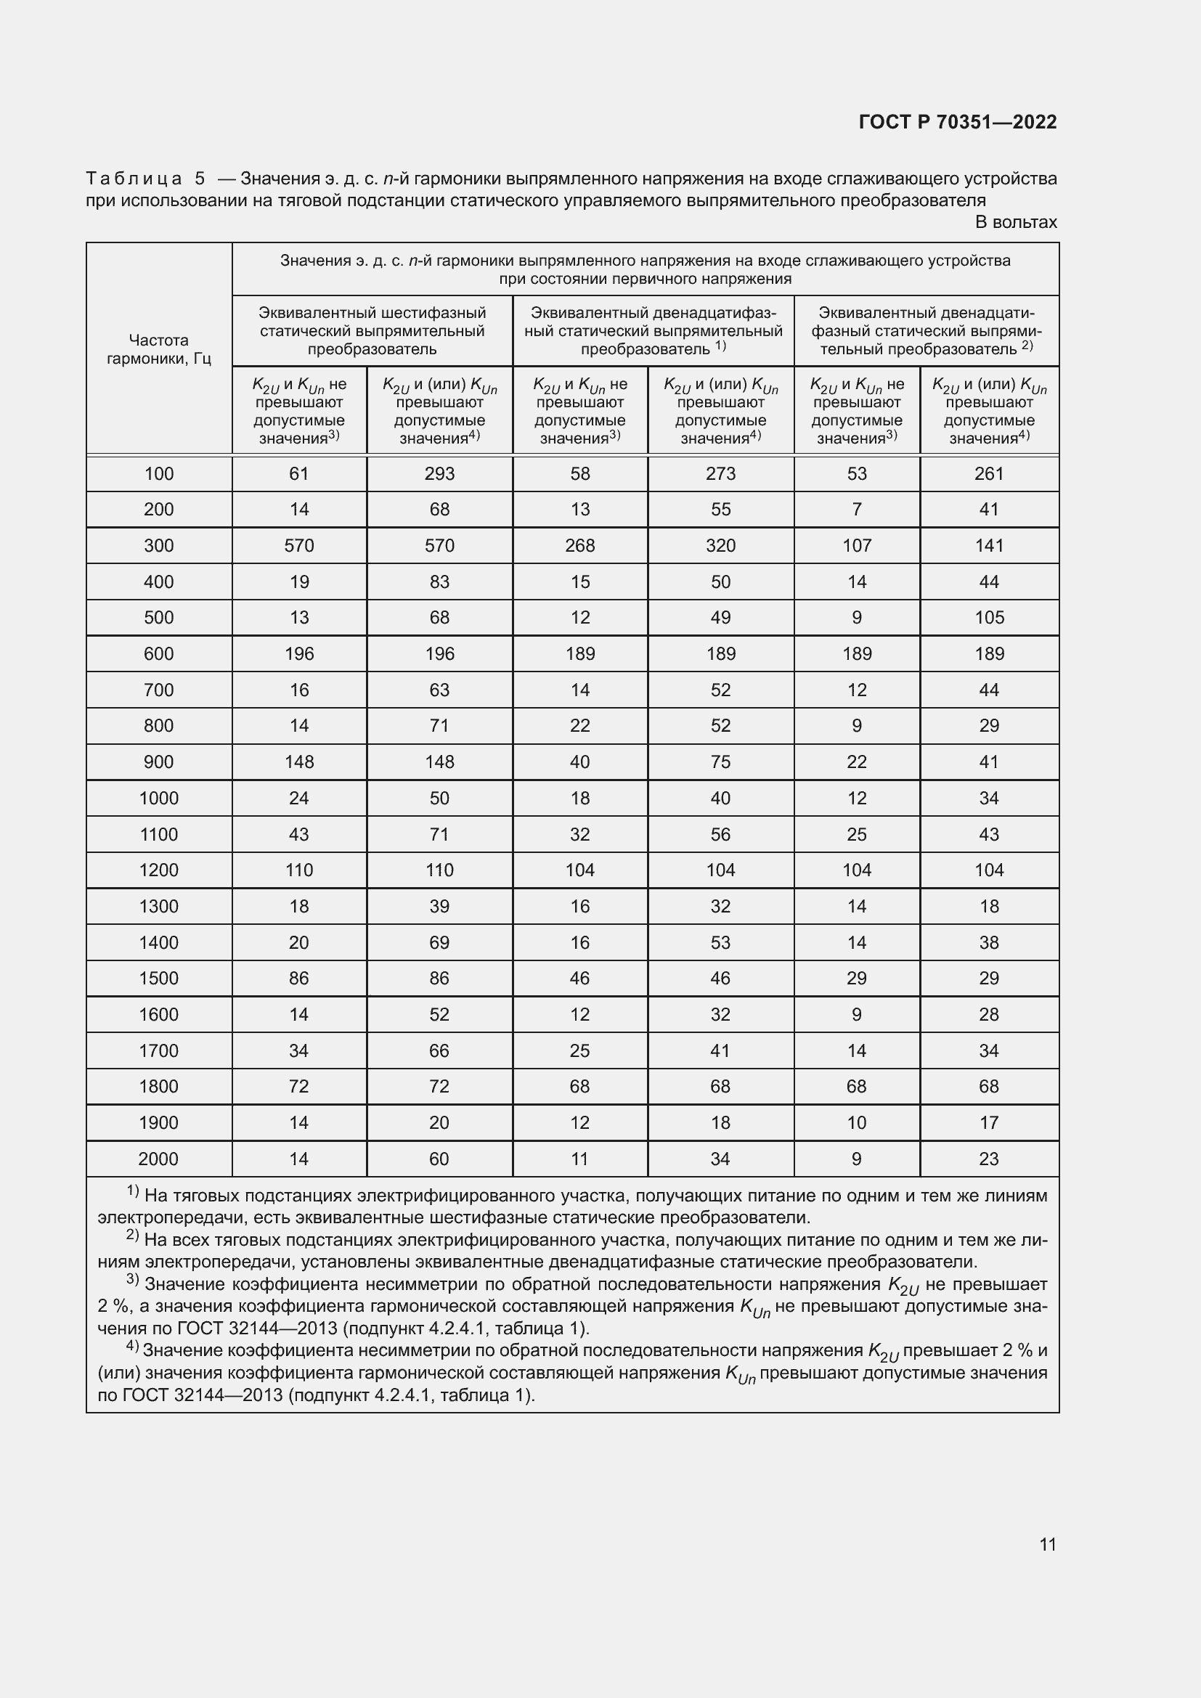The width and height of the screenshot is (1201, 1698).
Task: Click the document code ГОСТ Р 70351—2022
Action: click(958, 122)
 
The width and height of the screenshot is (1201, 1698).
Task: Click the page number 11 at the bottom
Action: click(1047, 1543)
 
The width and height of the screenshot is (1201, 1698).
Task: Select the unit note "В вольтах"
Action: click(1015, 222)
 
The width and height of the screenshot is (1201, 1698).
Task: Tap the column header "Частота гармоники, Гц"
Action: click(159, 349)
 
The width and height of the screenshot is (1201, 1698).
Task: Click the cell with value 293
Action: click(439, 473)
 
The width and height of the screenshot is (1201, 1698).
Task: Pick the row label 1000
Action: click(159, 798)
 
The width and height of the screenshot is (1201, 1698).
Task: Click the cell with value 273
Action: click(720, 473)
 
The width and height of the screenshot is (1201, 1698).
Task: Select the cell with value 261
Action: click(989, 473)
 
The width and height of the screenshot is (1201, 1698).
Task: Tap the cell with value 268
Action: click(579, 546)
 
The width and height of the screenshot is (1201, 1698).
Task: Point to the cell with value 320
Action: click(720, 546)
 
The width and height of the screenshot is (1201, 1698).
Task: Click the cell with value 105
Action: click(989, 618)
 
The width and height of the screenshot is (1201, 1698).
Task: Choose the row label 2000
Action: click(159, 1159)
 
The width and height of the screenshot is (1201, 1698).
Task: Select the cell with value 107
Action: click(856, 546)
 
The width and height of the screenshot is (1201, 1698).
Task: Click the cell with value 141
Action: click(989, 546)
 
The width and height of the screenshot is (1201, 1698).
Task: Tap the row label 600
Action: click(159, 654)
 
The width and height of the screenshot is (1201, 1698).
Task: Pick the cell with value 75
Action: click(720, 762)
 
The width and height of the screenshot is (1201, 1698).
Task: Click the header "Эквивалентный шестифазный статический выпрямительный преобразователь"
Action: click(372, 331)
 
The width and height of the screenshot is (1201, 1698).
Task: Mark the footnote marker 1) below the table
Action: click(133, 1191)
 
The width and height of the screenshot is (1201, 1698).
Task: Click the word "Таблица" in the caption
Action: click(134, 179)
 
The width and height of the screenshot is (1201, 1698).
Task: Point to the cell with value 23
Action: click(989, 1159)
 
